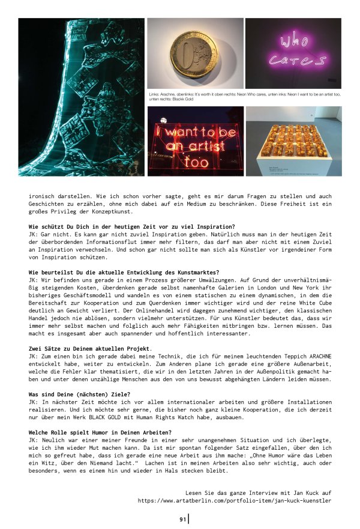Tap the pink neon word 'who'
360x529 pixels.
click(x=293, y=42)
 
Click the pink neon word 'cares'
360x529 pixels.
click(x=293, y=61)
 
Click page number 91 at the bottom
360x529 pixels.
click(x=182, y=519)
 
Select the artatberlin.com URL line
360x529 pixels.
click(x=234, y=500)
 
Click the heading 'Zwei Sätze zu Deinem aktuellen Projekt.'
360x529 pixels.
click(x=90, y=349)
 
